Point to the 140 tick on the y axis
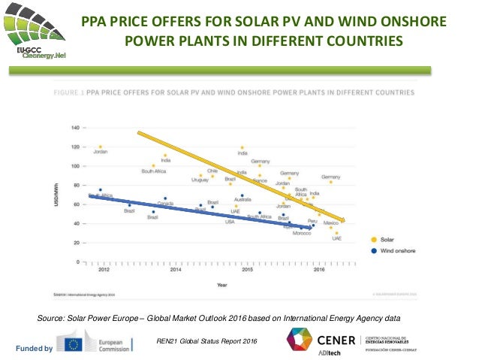(76, 128)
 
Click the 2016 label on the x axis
(319, 268)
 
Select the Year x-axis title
(223, 285)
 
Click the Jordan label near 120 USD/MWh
(101, 153)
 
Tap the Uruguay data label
(200, 180)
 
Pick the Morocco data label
(302, 232)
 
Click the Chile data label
(212, 171)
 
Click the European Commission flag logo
(74, 345)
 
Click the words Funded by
(38, 348)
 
